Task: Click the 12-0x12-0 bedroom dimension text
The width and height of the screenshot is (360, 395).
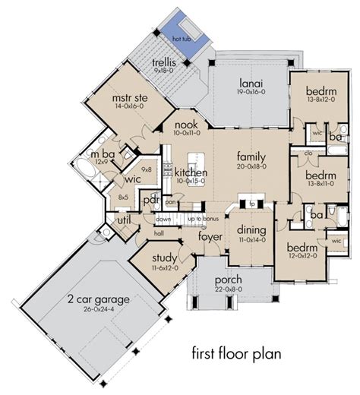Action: pyautogui.click(x=302, y=256)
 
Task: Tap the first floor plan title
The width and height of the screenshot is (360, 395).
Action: pyautogui.click(x=235, y=354)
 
